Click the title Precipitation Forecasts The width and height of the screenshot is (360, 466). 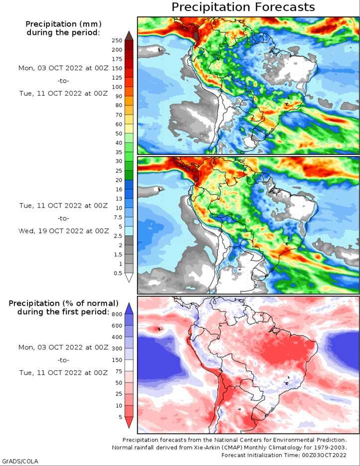click(x=243, y=7)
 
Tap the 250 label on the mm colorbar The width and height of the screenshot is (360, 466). click(x=117, y=40)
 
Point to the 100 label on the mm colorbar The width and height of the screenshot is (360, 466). click(x=117, y=87)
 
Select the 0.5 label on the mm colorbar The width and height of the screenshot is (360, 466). click(x=118, y=273)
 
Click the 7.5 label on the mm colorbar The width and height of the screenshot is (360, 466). click(x=118, y=217)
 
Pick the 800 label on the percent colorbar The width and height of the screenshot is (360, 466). click(x=117, y=314)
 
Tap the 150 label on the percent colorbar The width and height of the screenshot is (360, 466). click(x=117, y=360)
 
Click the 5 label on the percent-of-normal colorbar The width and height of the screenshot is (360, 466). click(x=120, y=417)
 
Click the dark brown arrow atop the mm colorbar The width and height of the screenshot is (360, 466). click(x=129, y=35)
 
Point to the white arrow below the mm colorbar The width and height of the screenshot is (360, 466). click(x=129, y=277)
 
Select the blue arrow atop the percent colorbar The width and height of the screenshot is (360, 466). click(x=129, y=308)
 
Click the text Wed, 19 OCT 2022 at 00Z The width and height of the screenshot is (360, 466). click(x=63, y=231)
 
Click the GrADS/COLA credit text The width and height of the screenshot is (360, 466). click(x=19, y=462)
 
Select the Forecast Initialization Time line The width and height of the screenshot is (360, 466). click(x=284, y=455)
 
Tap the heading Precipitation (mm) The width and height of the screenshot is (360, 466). click(x=63, y=24)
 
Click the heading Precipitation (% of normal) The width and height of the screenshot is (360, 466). click(x=63, y=303)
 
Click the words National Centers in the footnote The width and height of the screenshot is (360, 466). click(x=234, y=440)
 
